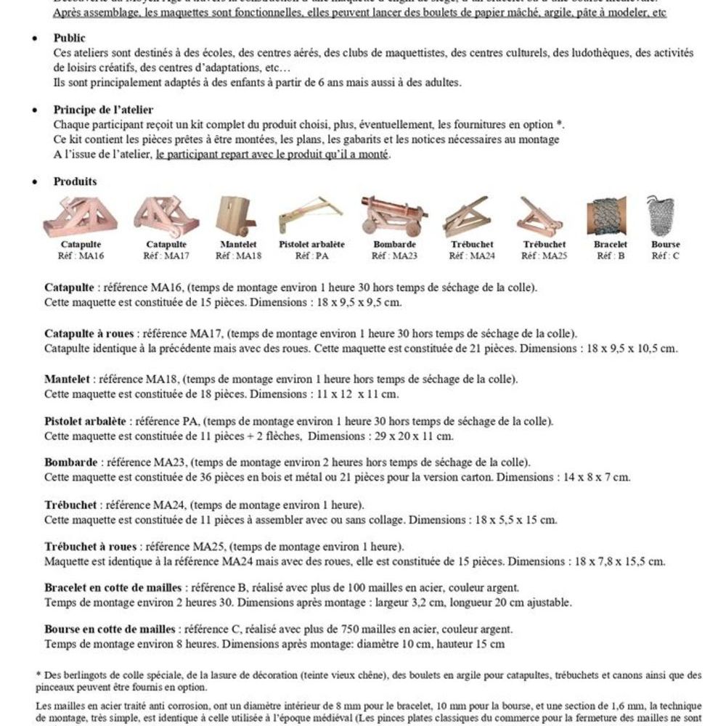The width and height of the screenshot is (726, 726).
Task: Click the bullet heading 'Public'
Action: [x=69, y=38]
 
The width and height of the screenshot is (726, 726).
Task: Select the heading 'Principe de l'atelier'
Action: [x=103, y=110]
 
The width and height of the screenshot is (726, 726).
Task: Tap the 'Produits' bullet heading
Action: [x=75, y=181]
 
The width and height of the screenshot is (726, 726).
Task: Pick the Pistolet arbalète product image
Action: [x=311, y=215]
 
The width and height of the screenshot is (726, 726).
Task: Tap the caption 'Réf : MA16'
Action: [x=81, y=256]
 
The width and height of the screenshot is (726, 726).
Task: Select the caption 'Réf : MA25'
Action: [x=544, y=256]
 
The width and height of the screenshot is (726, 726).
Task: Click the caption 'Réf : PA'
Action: [x=311, y=256]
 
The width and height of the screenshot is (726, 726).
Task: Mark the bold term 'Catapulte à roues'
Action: [x=89, y=334]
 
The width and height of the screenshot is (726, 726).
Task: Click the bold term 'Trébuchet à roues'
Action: [x=90, y=546]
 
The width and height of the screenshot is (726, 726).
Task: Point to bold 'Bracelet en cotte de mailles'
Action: [x=113, y=587]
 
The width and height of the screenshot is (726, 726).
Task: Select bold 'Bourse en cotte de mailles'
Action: [x=110, y=629]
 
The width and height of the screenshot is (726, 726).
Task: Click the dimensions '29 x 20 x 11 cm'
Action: [x=416, y=436]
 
